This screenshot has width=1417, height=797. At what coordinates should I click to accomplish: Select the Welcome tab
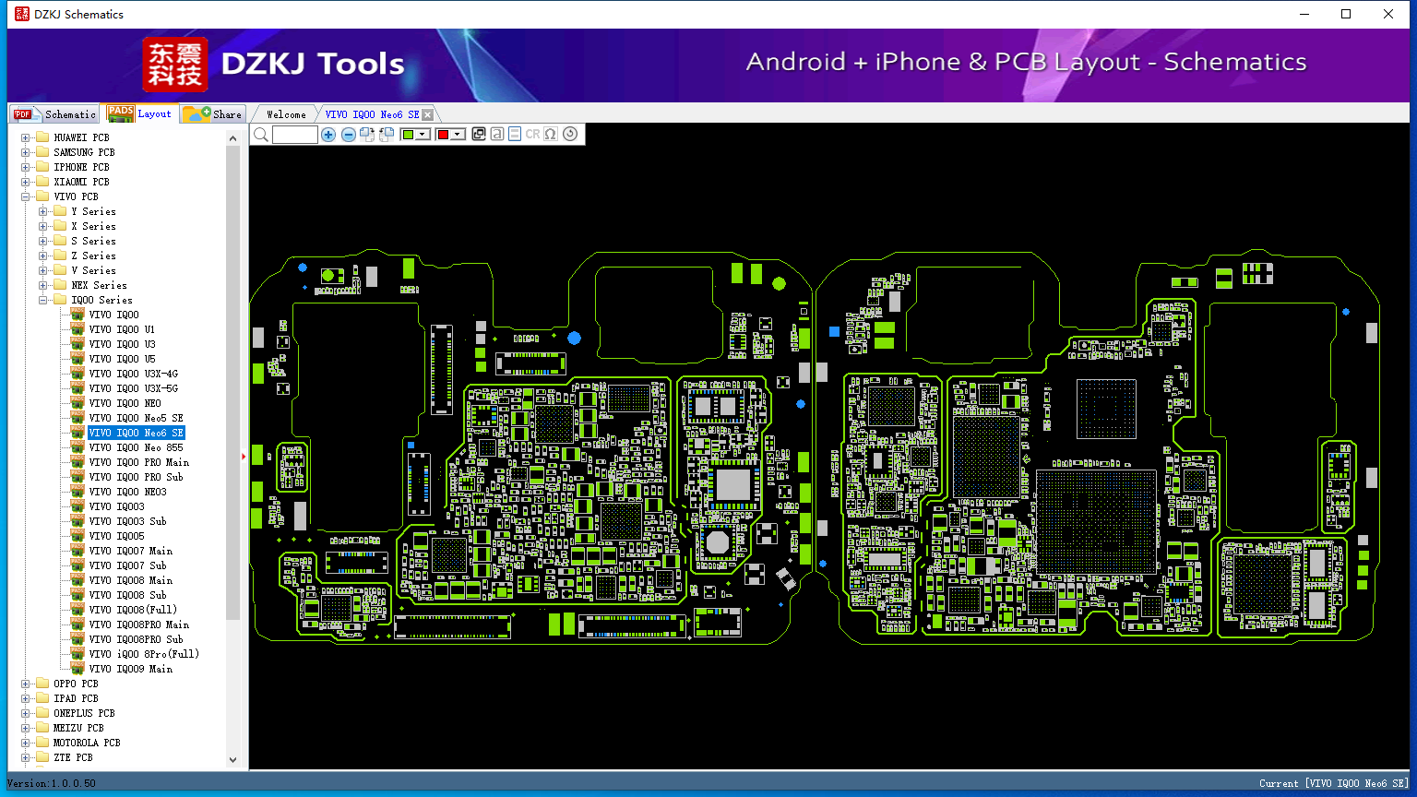tap(286, 114)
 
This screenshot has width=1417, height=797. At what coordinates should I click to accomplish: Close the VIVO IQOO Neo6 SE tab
tap(427, 114)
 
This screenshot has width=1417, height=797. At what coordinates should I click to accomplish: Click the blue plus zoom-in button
tap(328, 135)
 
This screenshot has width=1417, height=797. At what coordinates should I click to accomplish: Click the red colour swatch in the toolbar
tap(443, 135)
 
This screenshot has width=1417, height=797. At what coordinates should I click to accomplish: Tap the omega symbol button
tap(551, 135)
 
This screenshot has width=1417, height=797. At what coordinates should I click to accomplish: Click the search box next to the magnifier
tap(295, 135)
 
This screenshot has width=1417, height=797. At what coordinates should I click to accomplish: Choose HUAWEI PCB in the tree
tap(81, 137)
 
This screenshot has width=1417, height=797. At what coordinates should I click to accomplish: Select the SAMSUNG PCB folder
tap(84, 152)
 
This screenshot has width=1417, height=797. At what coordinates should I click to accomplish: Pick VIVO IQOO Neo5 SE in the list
tap(136, 418)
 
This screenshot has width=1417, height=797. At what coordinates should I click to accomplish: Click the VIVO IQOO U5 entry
tap(122, 359)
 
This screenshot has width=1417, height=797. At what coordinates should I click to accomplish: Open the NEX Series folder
tap(99, 285)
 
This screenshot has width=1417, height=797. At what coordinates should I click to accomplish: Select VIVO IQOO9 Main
tap(130, 669)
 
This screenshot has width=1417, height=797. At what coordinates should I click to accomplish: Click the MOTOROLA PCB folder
tap(87, 743)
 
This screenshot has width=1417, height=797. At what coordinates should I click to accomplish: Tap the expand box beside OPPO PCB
tap(26, 684)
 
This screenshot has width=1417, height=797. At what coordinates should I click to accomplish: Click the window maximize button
tap(1346, 14)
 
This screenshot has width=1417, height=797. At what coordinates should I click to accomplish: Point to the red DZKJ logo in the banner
tap(175, 65)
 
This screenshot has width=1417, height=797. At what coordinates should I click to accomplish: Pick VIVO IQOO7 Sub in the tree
tap(127, 565)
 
